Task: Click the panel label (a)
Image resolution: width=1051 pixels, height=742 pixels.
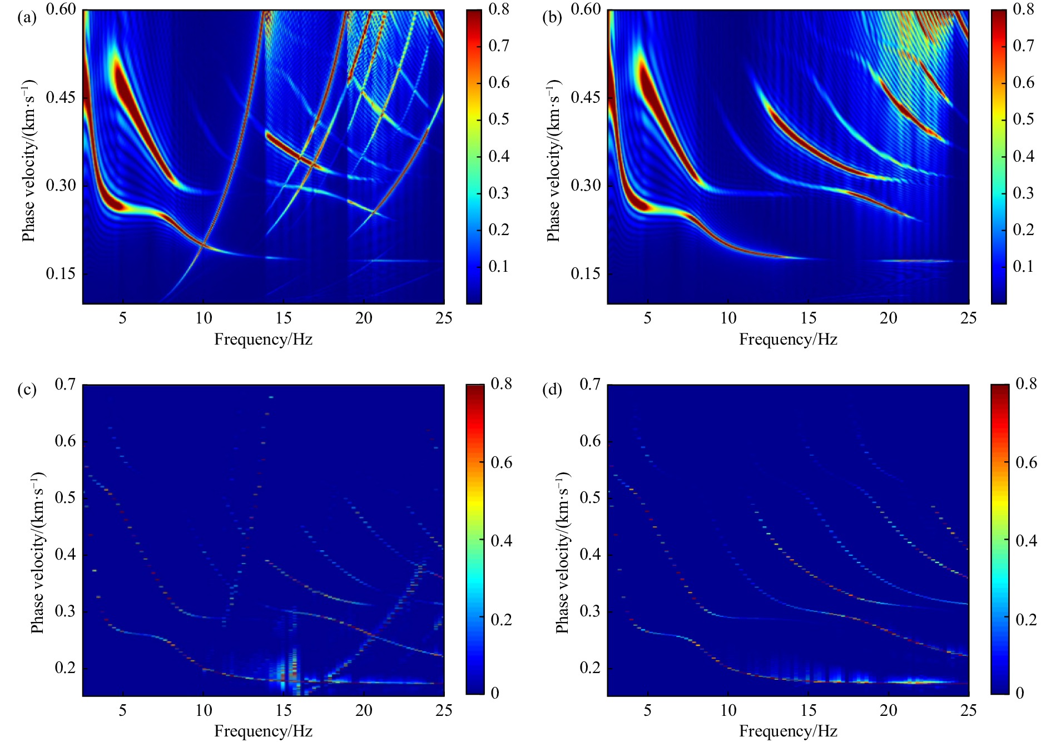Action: (27, 18)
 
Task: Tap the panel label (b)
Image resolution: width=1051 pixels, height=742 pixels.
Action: (552, 18)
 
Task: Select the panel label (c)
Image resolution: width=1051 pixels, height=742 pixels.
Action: (27, 390)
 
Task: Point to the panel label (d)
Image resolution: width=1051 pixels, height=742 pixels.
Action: (552, 390)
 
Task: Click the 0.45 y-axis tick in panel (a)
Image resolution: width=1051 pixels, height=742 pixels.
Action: (61, 98)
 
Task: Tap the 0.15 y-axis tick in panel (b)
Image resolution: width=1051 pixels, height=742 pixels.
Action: (586, 274)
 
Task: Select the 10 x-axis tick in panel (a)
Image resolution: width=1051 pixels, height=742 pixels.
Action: (204, 318)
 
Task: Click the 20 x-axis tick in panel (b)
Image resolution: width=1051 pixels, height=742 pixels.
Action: (889, 318)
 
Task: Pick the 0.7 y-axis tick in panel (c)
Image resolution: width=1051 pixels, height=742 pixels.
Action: (65, 384)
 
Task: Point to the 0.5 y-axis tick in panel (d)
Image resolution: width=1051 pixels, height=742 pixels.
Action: (590, 497)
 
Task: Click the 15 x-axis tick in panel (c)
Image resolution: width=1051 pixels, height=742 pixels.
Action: (284, 711)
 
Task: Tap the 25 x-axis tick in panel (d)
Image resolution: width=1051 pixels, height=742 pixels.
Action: (969, 711)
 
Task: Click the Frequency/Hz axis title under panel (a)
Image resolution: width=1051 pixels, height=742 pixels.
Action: (263, 340)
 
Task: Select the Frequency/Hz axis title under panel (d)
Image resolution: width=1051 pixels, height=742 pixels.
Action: (788, 731)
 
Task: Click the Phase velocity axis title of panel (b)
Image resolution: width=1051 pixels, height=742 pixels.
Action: (553, 161)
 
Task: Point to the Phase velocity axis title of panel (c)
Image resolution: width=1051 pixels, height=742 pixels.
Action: (37, 553)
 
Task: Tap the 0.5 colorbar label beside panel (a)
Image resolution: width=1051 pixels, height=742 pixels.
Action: (499, 119)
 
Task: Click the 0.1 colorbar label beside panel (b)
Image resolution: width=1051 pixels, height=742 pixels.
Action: (1023, 267)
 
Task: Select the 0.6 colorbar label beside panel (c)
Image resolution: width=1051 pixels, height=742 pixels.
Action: (502, 463)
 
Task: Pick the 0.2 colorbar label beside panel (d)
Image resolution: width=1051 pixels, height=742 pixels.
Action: (1027, 620)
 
